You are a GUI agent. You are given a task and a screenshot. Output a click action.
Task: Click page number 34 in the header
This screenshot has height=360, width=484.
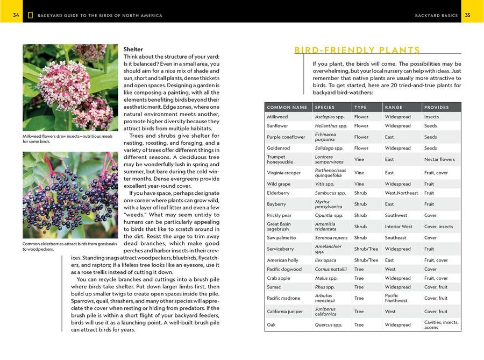pos(16,15)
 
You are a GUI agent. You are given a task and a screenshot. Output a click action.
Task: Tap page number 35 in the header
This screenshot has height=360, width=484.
pos(468,15)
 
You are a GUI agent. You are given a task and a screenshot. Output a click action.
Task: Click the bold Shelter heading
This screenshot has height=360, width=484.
pos(133,49)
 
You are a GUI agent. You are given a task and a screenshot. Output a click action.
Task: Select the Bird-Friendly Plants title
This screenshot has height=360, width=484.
pos(357,51)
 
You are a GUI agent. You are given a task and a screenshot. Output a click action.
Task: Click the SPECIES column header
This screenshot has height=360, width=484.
pos(325,108)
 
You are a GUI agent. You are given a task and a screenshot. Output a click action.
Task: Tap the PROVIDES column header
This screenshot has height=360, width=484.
pos(436,108)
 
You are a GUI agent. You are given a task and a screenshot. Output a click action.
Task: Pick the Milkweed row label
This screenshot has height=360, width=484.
pos(277,117)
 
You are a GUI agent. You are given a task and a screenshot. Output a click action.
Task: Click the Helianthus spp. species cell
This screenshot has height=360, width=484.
pos(329,126)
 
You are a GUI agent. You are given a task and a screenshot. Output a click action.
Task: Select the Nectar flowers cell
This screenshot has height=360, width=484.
pos(439,159)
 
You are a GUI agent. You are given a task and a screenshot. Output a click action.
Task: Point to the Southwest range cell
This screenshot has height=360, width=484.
pos(396,215)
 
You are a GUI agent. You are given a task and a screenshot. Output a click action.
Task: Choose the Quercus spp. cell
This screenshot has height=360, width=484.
pos(329,325)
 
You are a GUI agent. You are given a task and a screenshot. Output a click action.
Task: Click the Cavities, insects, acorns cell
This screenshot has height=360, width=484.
pos(441,325)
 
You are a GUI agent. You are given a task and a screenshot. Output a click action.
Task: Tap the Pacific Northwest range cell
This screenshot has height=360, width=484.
pos(396,298)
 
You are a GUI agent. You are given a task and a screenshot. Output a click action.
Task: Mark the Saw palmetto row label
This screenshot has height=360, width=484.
pos(282,238)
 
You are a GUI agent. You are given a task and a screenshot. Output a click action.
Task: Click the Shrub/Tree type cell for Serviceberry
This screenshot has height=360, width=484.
pos(366,249)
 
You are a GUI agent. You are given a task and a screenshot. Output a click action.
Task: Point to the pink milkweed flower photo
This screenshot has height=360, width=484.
pos(70,87)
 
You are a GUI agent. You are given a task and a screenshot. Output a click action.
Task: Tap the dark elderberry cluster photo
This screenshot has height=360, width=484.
pos(70,195)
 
